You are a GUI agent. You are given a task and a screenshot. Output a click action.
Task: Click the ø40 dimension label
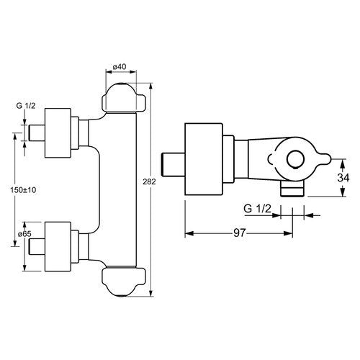[120, 67]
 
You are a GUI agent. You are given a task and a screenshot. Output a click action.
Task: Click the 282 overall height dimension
[149, 181]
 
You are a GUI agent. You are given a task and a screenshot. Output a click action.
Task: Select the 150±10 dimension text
[23, 190]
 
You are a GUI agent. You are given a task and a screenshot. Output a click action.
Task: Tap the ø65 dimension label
[25, 233]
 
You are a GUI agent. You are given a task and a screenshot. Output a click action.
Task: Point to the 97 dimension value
[240, 233]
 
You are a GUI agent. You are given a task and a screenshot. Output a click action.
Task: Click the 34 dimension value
[343, 178]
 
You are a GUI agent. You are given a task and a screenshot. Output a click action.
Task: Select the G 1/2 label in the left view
[26, 106]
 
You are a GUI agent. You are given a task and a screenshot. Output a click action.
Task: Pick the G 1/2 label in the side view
[257, 209]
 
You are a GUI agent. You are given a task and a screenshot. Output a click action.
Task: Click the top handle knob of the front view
[124, 98]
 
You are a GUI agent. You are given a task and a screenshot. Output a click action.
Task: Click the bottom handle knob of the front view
[124, 282]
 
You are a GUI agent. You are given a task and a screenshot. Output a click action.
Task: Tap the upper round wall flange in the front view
[58, 133]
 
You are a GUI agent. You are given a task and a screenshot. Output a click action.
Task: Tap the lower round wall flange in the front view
[58, 246]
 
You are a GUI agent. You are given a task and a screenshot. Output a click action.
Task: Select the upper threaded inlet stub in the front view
[37, 133]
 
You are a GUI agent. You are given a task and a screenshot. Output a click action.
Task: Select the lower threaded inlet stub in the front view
[37, 246]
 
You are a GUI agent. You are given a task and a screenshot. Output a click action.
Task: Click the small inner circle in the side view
[296, 160]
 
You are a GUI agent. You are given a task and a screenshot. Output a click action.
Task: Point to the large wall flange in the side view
[204, 159]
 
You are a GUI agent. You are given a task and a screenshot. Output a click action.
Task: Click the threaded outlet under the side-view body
[293, 189]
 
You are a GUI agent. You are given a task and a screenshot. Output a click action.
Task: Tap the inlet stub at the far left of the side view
[174, 164]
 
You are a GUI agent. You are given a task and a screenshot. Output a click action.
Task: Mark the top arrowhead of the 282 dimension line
[151, 86]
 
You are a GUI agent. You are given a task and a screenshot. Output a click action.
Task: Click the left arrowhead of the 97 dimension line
[189, 233]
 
